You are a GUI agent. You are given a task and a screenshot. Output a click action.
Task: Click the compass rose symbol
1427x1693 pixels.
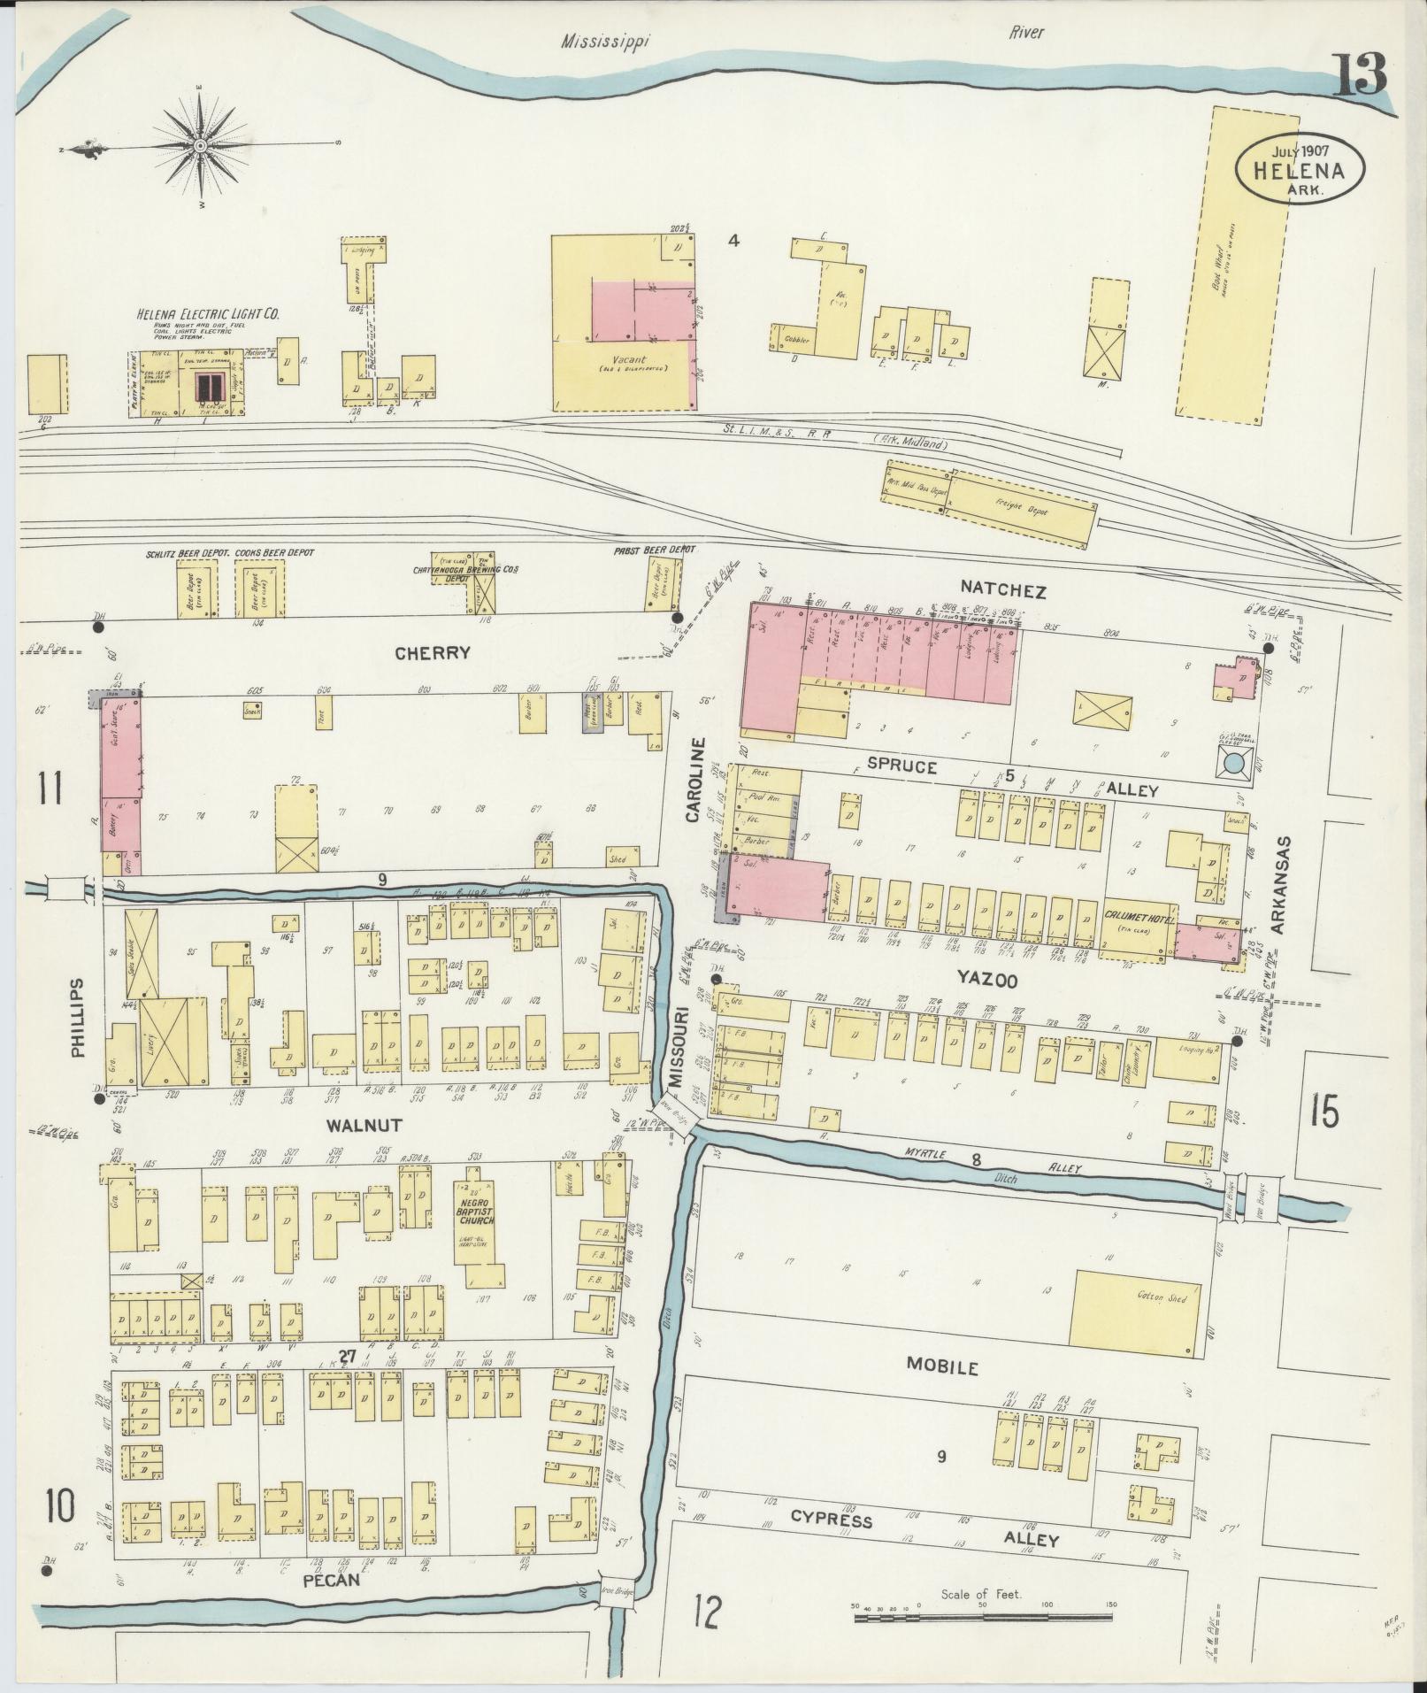click(x=201, y=145)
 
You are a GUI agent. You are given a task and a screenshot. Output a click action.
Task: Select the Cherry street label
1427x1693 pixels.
click(x=433, y=653)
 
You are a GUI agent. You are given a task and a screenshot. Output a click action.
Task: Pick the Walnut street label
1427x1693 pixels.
click(x=364, y=1126)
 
